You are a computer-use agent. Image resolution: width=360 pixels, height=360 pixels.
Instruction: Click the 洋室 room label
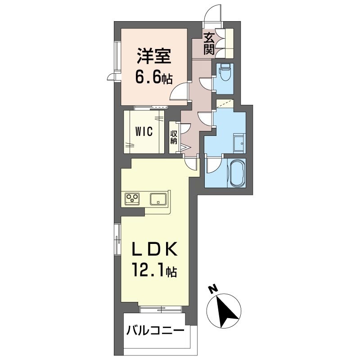tap(154, 56)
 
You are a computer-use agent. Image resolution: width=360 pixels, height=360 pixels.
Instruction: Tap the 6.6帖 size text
tap(153, 77)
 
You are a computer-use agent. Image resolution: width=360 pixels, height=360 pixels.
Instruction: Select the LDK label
tap(154, 249)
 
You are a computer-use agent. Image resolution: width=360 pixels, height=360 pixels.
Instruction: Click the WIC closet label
tap(144, 131)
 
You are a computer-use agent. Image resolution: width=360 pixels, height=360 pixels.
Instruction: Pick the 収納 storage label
tap(174, 137)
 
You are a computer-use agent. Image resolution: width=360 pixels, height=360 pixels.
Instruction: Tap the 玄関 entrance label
tap(209, 44)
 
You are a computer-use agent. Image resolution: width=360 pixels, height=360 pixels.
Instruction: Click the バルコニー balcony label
tap(155, 331)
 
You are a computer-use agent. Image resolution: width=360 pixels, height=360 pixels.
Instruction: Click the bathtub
tap(238, 173)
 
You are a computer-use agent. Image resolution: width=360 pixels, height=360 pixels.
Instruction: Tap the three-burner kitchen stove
tap(132, 198)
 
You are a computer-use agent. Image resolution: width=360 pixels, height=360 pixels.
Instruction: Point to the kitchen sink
tap(158, 199)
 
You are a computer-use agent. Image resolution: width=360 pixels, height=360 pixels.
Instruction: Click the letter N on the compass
tap(213, 288)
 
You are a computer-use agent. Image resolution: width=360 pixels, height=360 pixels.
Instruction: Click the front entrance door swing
tap(213, 13)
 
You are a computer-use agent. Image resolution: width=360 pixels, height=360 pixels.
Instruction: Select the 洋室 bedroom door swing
tap(180, 91)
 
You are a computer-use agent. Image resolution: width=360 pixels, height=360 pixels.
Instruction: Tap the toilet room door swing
tap(206, 84)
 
